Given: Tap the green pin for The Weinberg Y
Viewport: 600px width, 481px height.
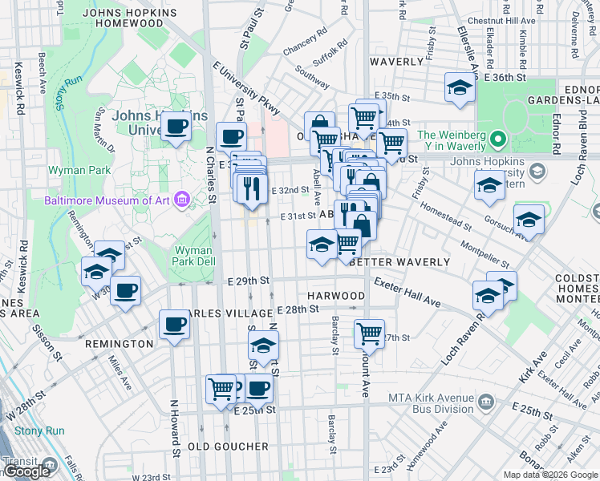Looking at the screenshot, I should click(498, 141).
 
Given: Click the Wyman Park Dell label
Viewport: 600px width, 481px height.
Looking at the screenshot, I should click(193, 256).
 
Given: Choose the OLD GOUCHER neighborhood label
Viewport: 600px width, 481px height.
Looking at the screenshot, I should click(228, 446).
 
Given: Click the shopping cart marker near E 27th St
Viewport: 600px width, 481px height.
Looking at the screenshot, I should click(369, 332).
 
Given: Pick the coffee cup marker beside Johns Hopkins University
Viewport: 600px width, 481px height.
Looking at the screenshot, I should click(176, 126).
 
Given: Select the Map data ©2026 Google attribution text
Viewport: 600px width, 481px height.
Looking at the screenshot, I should click(550, 475).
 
